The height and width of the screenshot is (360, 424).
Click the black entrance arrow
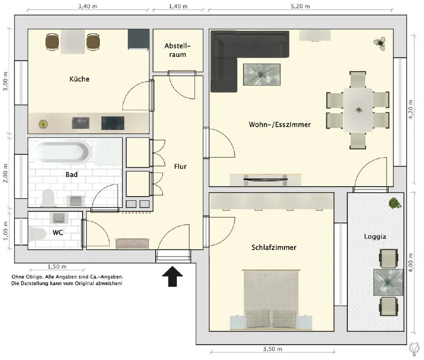pos(172,276)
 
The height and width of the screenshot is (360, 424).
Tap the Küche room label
pos(79,79)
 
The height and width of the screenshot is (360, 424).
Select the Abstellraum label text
pos(178,50)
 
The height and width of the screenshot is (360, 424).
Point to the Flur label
pos(180,166)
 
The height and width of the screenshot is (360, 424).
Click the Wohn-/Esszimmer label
pos(279,125)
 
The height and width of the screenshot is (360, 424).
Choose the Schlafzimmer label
pos(274,247)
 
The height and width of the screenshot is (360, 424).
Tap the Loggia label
pos(375,237)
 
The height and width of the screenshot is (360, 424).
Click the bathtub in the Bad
pos(61,152)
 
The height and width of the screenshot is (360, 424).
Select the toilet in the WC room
pos(37,234)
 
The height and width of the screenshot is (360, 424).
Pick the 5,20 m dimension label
pos(301,6)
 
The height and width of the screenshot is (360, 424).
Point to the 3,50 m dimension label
pos(273,349)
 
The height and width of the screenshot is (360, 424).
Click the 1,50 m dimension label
pos(57,266)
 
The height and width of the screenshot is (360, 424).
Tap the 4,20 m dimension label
pos(411,109)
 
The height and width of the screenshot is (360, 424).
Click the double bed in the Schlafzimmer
pos(271,300)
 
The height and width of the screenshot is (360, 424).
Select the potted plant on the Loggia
pos(395,203)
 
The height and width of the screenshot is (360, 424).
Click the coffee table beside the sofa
pos(262,75)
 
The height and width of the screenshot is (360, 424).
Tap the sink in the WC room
pos(59,218)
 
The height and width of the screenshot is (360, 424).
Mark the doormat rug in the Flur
pos(132,244)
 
